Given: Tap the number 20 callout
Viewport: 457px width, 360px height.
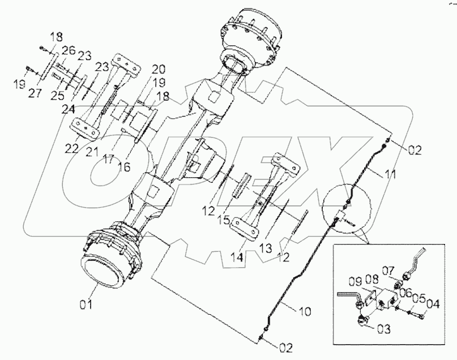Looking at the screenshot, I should [158, 70].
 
